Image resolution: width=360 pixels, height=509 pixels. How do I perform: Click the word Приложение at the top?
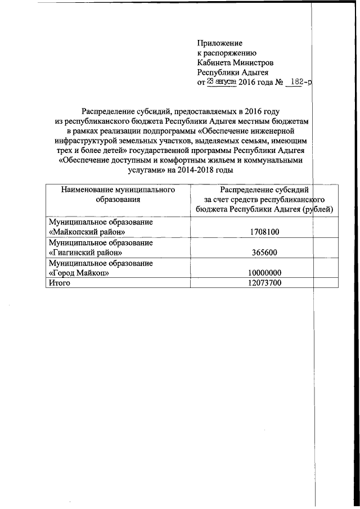tap(219, 43)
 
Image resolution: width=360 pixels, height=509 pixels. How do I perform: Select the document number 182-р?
tap(299, 82)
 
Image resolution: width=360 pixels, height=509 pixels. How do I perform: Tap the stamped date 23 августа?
tap(222, 82)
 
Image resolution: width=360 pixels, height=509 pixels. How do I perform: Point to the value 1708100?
tap(264, 232)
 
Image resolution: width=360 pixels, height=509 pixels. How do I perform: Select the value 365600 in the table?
tap(264, 253)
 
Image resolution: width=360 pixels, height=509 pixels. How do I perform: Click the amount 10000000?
tap(264, 273)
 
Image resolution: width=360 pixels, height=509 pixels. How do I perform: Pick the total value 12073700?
tap(264, 283)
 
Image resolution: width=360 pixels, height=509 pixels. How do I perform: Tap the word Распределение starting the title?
tap(109, 112)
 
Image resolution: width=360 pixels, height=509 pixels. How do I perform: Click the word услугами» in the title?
tap(147, 170)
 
